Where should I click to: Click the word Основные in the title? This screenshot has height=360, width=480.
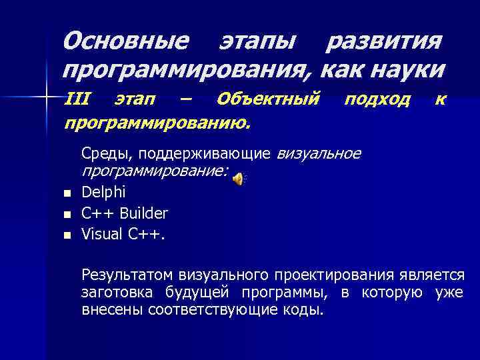click(125, 41)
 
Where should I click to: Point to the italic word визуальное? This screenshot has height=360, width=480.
click(318, 154)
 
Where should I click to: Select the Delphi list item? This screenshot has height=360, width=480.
click(103, 193)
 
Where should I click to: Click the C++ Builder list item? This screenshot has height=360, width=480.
click(125, 213)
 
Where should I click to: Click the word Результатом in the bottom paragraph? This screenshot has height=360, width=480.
click(126, 274)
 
